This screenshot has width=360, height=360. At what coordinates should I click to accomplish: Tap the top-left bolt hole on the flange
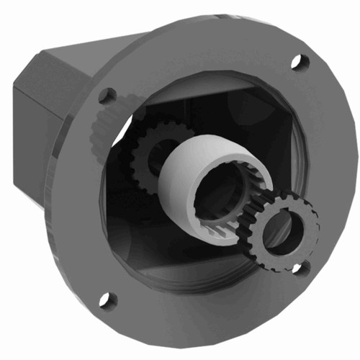pyautogui.click(x=107, y=95)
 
